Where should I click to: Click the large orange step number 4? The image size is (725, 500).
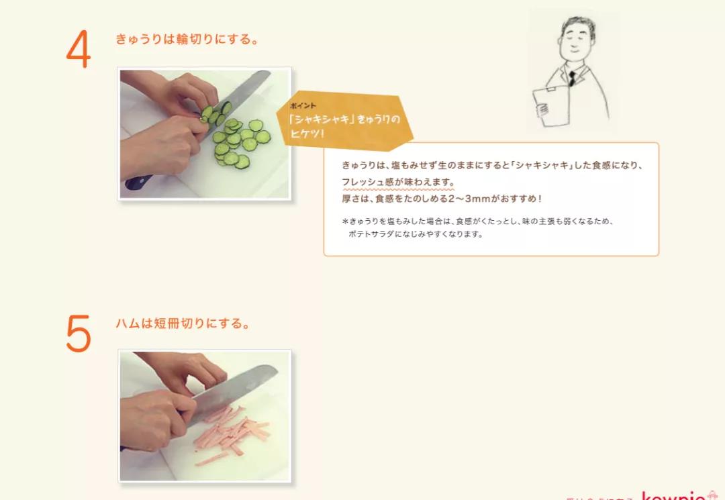(79, 51)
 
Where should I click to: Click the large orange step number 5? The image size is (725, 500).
(79, 333)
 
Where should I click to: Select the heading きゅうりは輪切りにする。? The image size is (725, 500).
(187, 40)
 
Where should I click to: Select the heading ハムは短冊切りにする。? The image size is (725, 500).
(183, 323)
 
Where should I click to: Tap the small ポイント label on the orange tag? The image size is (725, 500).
(303, 106)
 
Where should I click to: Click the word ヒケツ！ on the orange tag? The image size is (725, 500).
(306, 134)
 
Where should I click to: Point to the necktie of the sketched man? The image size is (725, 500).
(572, 78)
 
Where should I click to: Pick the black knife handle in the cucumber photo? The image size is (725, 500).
(138, 181)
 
